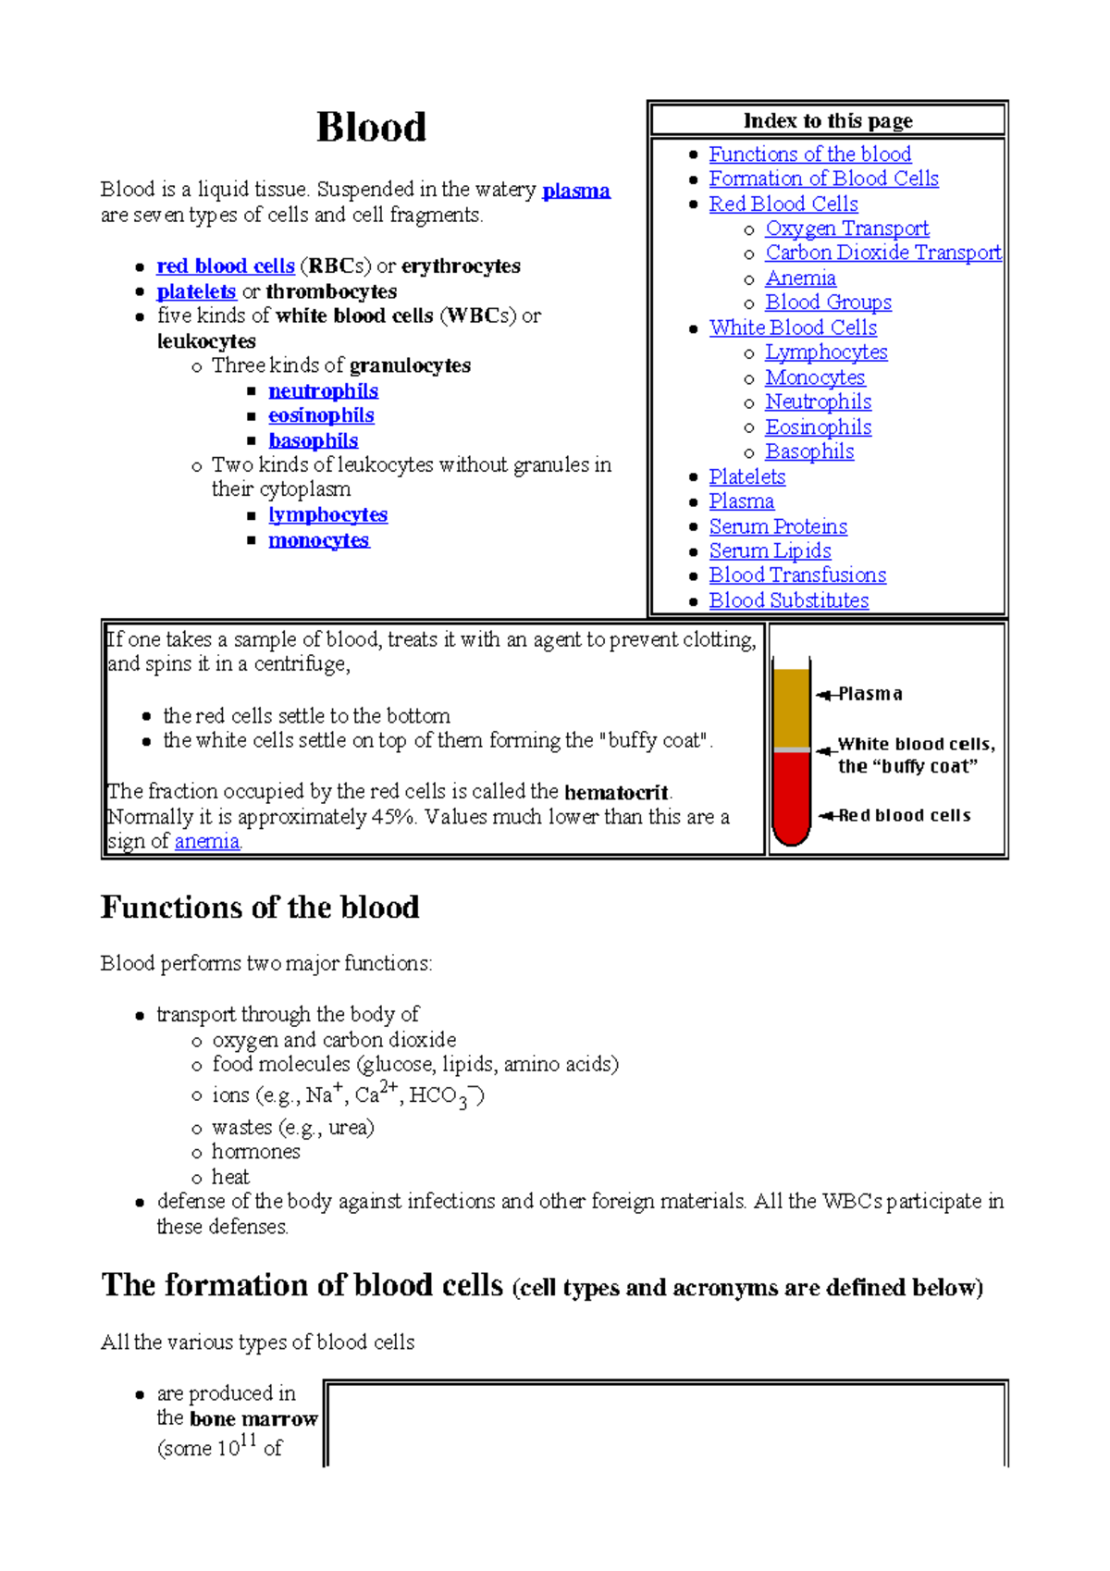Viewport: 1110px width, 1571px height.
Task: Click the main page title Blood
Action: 371,128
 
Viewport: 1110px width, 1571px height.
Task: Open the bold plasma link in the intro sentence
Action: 575,191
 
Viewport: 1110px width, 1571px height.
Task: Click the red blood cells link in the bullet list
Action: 226,266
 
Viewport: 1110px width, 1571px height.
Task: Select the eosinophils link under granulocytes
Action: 321,415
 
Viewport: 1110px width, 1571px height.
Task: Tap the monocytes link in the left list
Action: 318,540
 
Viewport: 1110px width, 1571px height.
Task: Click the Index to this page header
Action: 828,121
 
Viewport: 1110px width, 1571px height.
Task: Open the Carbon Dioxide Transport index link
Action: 882,253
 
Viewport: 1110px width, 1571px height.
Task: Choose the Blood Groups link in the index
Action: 828,303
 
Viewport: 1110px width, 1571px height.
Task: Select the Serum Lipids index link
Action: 770,550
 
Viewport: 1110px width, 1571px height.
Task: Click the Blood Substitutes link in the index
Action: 788,600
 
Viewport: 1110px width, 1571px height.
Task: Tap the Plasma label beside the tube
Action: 869,694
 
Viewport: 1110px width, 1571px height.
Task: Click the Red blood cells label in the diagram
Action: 904,816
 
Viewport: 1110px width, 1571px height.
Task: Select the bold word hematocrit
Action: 616,793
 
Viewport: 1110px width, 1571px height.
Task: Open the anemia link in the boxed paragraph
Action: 207,842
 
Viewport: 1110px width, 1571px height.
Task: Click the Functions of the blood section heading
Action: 260,907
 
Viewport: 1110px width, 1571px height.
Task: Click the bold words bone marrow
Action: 253,1419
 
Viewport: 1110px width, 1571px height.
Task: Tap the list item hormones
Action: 255,1152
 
